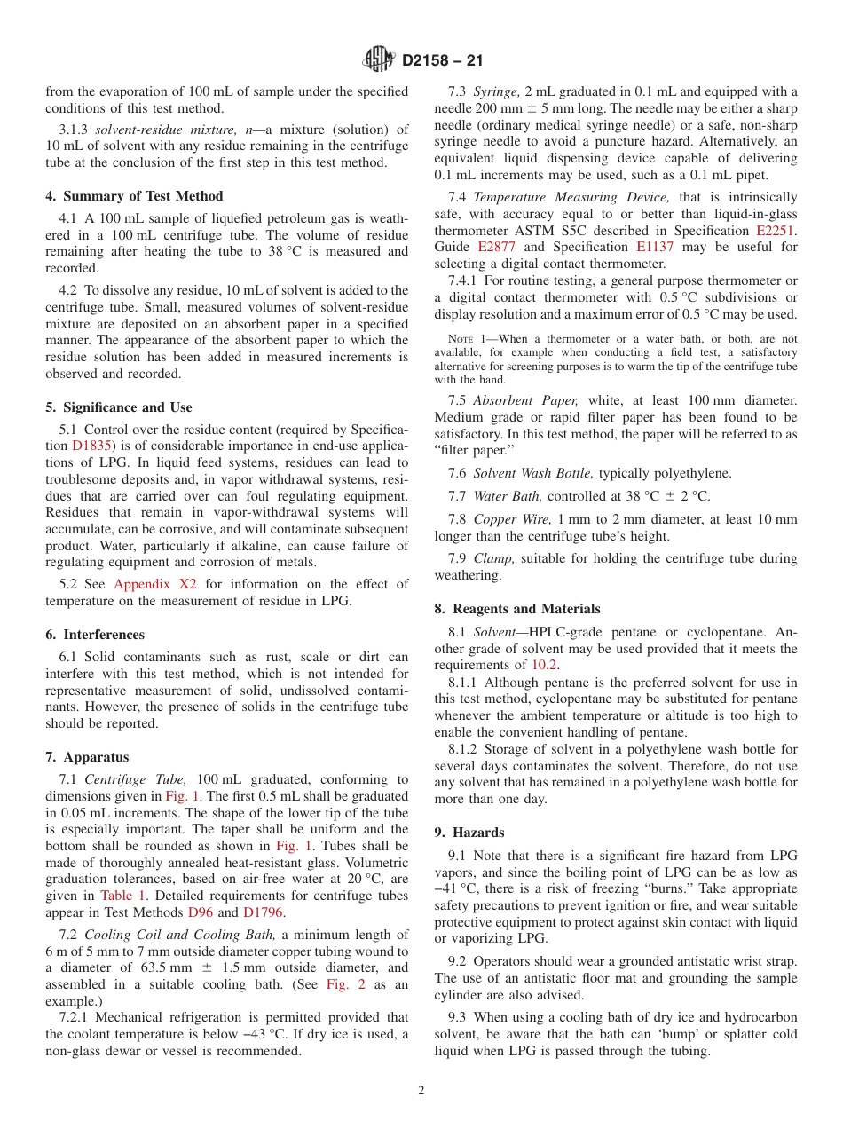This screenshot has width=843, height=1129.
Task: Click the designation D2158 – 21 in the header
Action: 442,60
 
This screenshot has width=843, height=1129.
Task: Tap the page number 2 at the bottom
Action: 421,1090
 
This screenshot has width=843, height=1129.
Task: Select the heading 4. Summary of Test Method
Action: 134,196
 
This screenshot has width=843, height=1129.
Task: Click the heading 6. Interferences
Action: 95,635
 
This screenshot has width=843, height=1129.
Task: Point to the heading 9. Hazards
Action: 469,833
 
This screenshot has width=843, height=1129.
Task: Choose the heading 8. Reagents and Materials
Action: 517,609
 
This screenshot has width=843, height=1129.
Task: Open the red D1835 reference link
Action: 90,446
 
